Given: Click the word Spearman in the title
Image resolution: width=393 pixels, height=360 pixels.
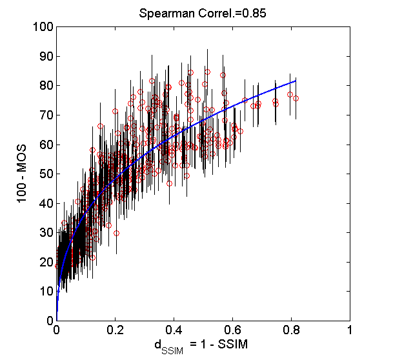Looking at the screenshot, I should tap(161, 12).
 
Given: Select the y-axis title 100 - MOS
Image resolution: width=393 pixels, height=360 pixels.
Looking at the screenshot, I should tap(22, 174).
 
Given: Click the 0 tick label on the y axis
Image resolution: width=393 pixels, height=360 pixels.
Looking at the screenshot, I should tap(48, 321).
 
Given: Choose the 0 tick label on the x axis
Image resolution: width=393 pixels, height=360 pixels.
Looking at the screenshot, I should tap(57, 330).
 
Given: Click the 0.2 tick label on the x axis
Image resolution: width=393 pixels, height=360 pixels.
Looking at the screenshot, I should tap(116, 330).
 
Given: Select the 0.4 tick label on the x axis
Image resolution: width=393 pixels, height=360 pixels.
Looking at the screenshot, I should tap(174, 330).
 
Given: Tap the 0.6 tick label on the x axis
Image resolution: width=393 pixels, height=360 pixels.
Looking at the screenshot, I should tap(233, 330).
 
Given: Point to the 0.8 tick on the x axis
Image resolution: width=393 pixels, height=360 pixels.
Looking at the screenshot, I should tap(292, 330).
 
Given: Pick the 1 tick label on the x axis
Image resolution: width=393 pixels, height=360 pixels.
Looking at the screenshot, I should tap(350, 330).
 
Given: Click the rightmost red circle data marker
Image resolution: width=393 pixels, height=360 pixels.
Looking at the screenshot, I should tap(296, 99).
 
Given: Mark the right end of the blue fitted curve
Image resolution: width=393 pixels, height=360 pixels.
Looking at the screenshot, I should tap(296, 80).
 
